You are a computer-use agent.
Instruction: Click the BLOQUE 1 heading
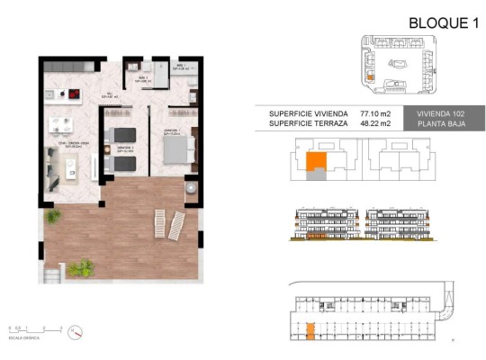click(x=442, y=23)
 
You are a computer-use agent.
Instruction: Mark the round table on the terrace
click(x=192, y=188)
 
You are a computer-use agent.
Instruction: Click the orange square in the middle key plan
click(x=316, y=162)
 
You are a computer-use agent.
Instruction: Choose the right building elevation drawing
click(x=401, y=226)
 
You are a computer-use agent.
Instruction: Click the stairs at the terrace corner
click(x=51, y=269)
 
